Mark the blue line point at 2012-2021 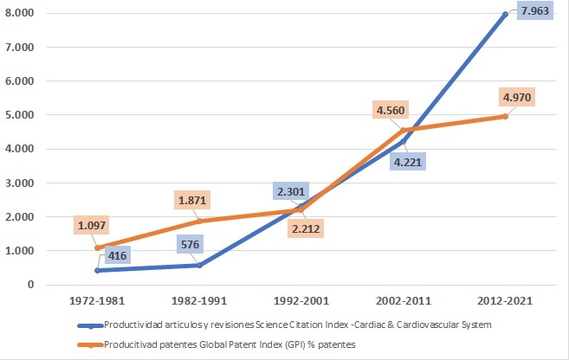[504, 14]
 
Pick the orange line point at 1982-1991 [200, 221]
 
